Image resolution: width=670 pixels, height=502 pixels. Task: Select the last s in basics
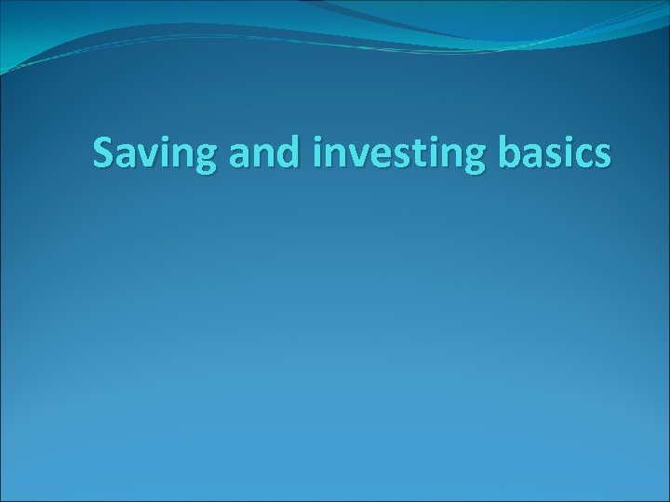click(x=602, y=156)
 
